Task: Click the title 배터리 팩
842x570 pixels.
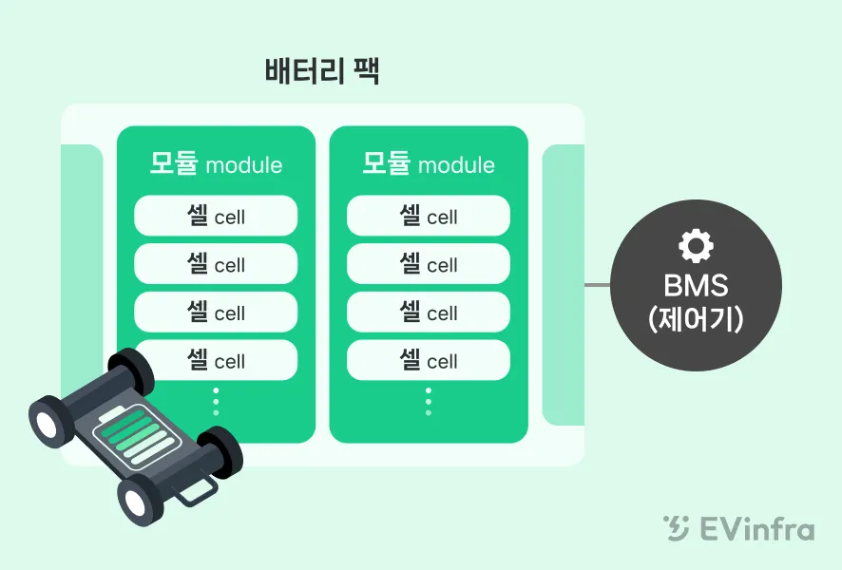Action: click(x=322, y=72)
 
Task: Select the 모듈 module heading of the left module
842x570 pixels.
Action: click(x=216, y=163)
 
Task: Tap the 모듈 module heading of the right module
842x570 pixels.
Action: click(x=429, y=163)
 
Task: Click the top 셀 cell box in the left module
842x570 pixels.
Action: click(x=216, y=216)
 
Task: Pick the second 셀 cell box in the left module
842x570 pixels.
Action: click(x=216, y=264)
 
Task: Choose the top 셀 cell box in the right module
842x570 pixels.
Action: click(x=429, y=216)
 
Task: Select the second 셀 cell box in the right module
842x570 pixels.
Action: click(x=429, y=264)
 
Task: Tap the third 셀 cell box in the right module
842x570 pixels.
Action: click(x=429, y=313)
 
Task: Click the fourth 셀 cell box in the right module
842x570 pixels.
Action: click(x=429, y=361)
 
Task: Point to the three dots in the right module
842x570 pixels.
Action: click(x=429, y=401)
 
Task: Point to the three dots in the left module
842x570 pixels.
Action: click(x=216, y=401)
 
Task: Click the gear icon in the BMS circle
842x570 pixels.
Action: click(x=696, y=246)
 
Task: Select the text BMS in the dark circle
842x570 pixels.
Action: click(x=696, y=285)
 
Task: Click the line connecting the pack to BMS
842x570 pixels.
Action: click(x=597, y=284)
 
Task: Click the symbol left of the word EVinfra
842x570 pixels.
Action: click(x=676, y=528)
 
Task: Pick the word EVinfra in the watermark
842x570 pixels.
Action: click(x=756, y=528)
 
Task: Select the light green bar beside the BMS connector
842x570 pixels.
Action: click(x=563, y=285)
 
